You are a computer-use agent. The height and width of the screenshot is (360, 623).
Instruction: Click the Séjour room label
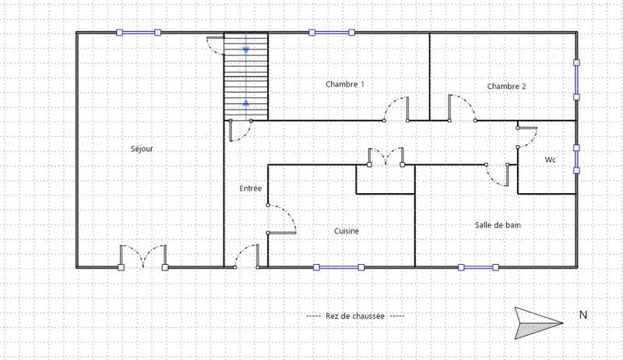click(x=142, y=148)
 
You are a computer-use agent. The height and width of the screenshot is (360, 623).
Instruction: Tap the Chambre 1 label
click(x=344, y=83)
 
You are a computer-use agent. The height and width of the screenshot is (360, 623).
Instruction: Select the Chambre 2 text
click(x=506, y=86)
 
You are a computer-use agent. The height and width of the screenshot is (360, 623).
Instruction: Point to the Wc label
click(x=550, y=160)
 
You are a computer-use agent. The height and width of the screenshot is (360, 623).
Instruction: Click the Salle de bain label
click(x=498, y=224)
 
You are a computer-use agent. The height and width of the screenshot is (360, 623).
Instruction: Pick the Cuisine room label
click(x=347, y=231)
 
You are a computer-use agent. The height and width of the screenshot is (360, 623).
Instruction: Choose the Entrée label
click(x=250, y=189)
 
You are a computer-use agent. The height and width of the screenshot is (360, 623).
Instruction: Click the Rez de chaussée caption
click(x=355, y=316)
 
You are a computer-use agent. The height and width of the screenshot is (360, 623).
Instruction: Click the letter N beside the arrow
click(x=583, y=316)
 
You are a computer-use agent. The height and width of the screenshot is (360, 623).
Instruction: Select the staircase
click(x=246, y=76)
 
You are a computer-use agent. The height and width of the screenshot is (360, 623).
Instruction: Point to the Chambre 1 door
click(x=396, y=111)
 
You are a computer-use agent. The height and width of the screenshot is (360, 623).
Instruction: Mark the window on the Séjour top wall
click(x=138, y=33)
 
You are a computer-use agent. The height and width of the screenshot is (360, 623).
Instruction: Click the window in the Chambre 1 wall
click(x=331, y=33)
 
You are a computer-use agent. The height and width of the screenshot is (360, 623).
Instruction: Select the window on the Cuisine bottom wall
click(x=339, y=267)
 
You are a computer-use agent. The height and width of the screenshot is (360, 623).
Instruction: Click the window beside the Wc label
click(x=576, y=158)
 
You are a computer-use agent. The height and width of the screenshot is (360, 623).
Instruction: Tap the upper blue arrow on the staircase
click(x=246, y=50)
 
